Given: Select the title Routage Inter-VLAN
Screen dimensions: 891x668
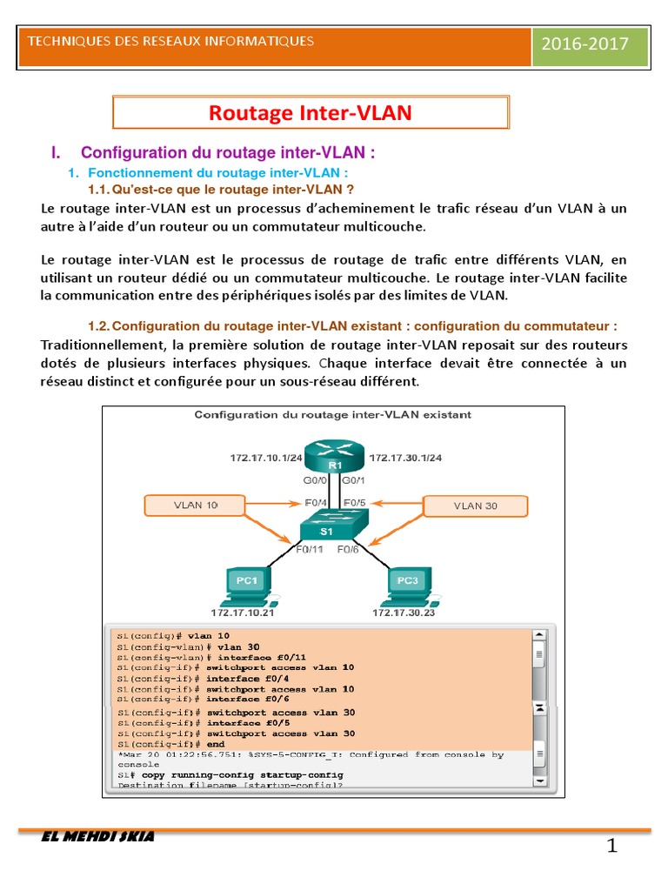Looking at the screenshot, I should coord(311,113).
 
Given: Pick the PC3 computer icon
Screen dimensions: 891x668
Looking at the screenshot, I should coord(406,585).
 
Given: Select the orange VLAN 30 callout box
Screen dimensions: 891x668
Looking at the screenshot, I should coord(475,506).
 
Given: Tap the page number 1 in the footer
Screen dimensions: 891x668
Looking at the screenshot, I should coord(612,847).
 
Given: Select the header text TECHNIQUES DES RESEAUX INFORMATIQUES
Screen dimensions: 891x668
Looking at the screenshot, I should coord(171,41).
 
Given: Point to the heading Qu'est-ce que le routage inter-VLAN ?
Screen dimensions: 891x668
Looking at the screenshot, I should coord(222,189).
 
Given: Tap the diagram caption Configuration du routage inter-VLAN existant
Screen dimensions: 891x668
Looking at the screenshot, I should coord(333,415).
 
